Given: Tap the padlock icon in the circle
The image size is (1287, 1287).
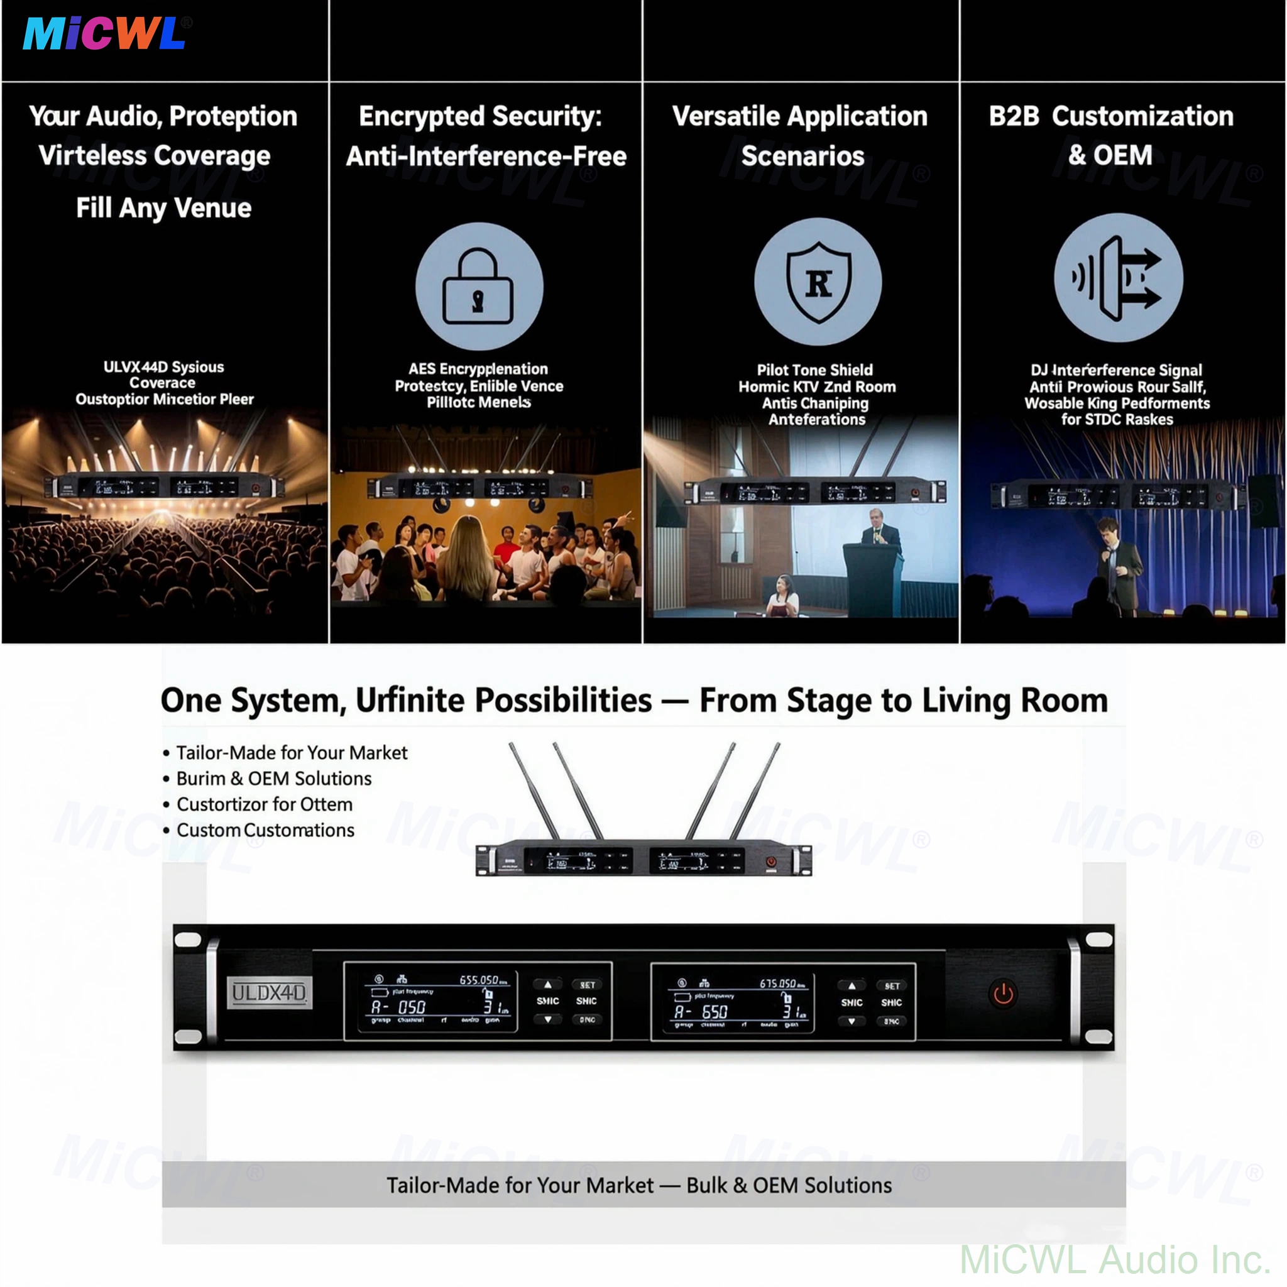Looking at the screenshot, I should coord(478,287).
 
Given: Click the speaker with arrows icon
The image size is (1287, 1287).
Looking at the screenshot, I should coord(1118,278).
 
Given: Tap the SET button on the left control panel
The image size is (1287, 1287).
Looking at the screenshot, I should coord(587,985).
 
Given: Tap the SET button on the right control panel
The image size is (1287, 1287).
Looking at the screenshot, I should coord(892,986).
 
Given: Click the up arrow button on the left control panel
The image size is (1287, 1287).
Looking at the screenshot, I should coord(547,984).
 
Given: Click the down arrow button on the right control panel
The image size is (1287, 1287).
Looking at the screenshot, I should coord(852,1021).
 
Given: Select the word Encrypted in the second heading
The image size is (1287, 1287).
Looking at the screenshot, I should coord(420,117).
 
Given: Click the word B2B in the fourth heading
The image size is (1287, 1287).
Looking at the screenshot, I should coord(1013,117).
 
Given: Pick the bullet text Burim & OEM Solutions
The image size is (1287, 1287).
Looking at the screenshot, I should coord(274,778).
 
